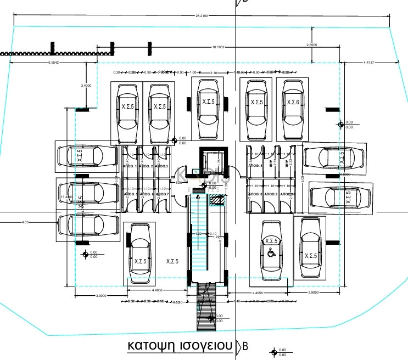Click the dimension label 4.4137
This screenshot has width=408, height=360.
click(x=368, y=63)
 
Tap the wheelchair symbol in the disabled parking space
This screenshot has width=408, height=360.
click(x=270, y=252)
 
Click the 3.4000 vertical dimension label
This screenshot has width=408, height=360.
click(x=87, y=86)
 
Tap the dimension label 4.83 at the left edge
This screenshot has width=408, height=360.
click(x=25, y=222)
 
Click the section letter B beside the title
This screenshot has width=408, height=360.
click(x=245, y=346)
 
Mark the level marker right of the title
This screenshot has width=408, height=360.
click(x=274, y=351)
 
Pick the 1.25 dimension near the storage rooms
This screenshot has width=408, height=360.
click(x=179, y=183)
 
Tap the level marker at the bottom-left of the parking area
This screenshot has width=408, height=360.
click(x=85, y=254)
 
